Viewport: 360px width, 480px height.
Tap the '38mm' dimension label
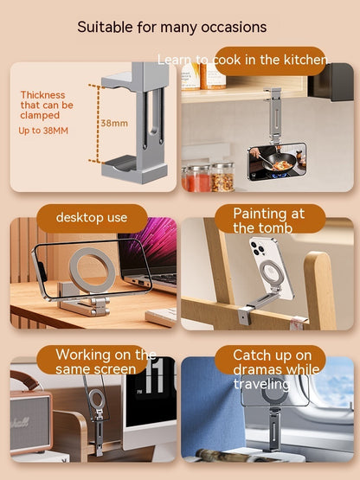(113, 123)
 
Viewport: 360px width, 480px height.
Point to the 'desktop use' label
(92, 217)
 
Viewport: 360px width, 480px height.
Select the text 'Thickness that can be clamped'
(47, 105)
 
